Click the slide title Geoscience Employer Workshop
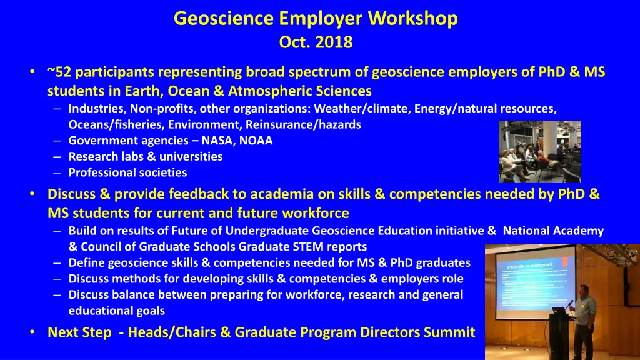[316, 19]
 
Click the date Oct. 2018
[316, 42]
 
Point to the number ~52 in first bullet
[60, 72]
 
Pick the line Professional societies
[127, 172]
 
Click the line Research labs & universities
[145, 156]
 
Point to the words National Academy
[553, 231]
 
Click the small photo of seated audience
[539, 151]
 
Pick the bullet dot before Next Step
[32, 332]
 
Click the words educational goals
[116, 311]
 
